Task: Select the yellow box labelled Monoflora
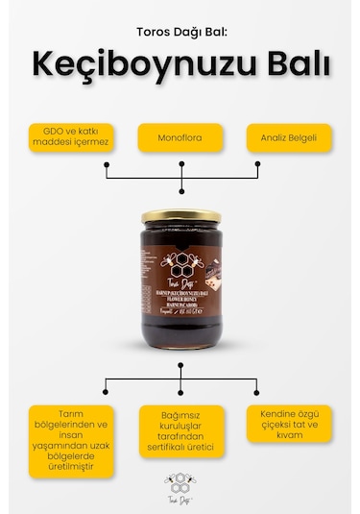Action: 180,137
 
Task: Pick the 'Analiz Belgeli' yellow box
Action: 288,137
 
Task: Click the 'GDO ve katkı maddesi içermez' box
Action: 72,137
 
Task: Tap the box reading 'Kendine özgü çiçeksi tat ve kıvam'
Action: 289,424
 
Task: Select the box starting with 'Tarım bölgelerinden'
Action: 70,441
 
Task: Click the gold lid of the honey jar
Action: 181,218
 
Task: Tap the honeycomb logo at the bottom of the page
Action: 180,483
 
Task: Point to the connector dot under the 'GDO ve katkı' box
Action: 106,177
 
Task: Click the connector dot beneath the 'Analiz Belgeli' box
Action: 257,177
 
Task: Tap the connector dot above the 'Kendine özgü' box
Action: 257,393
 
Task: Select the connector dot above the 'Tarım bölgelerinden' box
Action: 105,393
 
